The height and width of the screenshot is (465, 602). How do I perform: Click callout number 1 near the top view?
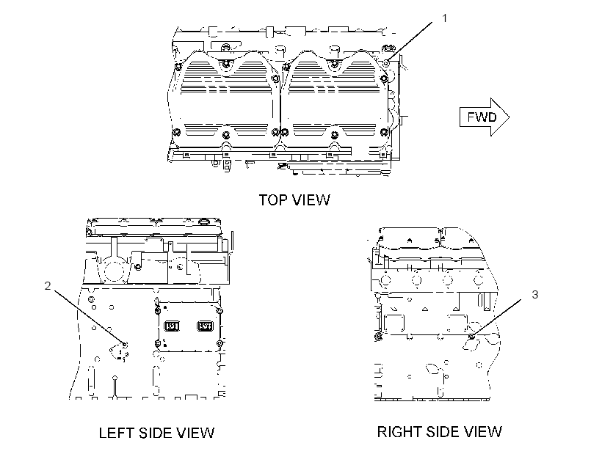tap(445, 18)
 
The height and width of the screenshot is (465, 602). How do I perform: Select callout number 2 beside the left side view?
tap(48, 286)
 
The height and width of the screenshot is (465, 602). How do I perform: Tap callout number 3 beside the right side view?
tap(534, 295)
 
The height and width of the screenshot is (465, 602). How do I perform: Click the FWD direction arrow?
tap(485, 117)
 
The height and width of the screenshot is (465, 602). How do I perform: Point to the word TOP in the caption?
tap(273, 200)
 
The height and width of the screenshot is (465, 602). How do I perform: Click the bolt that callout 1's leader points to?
tap(387, 62)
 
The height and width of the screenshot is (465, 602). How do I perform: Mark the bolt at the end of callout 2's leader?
tap(124, 344)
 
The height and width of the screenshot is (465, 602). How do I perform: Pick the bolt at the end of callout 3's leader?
tap(472, 337)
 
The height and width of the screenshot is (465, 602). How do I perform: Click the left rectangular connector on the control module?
tap(172, 326)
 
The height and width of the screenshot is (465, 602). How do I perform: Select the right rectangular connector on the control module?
tap(204, 326)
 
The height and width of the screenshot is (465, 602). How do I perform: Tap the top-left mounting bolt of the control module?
tap(157, 310)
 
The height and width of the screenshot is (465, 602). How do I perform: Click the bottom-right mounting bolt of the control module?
tap(220, 343)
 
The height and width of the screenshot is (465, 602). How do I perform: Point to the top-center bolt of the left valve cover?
tap(225, 63)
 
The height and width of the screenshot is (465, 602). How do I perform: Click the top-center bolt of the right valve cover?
tap(334, 63)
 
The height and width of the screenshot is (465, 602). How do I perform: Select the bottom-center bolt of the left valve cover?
tap(226, 135)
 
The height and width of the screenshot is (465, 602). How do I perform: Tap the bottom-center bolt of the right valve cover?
tap(335, 135)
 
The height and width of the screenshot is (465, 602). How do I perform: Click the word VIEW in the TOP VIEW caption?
tap(311, 200)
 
